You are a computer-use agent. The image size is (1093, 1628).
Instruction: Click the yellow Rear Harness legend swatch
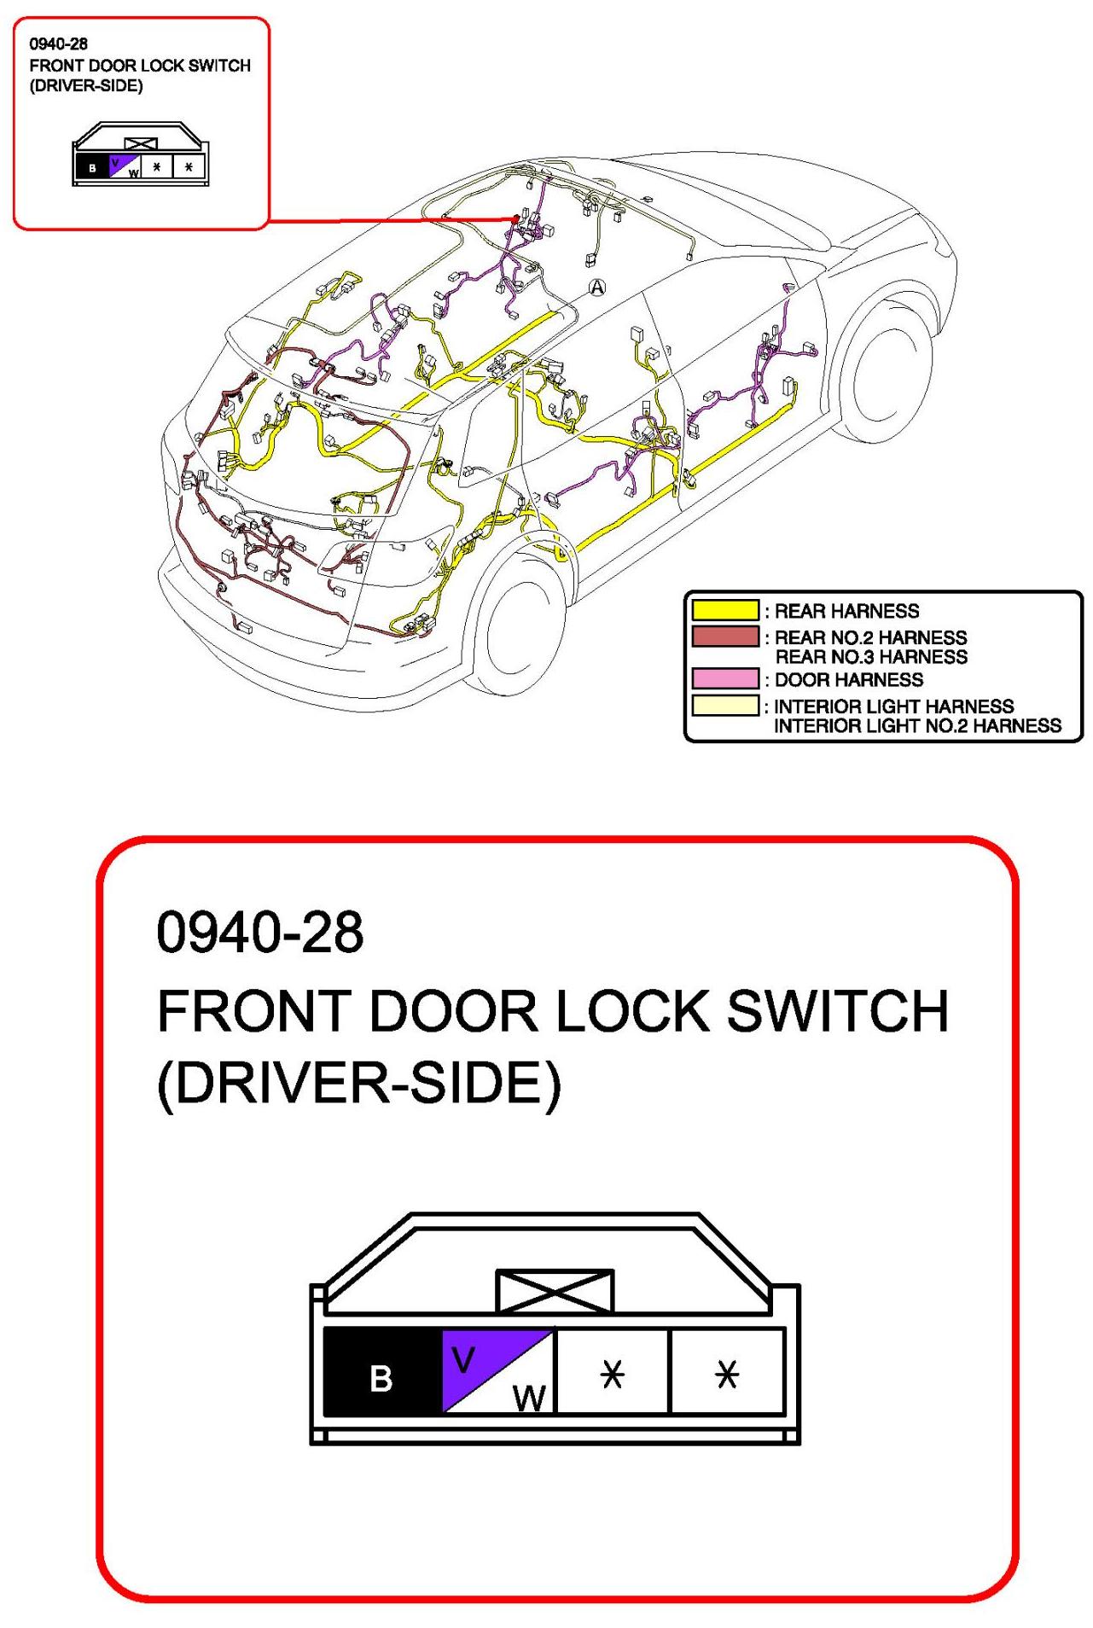[x=724, y=610]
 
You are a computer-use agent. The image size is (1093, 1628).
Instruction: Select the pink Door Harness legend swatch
[x=724, y=678]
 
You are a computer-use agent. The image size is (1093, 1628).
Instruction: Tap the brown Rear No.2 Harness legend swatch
[x=724, y=637]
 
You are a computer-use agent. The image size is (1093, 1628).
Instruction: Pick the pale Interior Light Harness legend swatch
[x=724, y=706]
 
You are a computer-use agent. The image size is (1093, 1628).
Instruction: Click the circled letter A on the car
[x=597, y=288]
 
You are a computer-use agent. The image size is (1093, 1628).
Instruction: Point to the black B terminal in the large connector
[x=381, y=1370]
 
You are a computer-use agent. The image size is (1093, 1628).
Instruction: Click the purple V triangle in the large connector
[x=469, y=1358]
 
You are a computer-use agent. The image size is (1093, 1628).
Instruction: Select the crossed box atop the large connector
[x=555, y=1290]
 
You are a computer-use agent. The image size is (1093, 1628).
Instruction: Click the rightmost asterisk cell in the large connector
[x=727, y=1370]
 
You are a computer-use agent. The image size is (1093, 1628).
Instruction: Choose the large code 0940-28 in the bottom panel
[x=260, y=932]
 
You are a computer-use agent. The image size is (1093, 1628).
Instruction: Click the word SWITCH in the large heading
[x=837, y=1011]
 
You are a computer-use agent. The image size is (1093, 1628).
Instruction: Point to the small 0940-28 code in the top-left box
[x=59, y=44]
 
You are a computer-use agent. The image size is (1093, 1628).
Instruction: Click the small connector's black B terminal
[x=91, y=166]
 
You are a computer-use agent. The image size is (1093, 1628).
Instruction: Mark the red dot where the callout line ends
[x=515, y=219]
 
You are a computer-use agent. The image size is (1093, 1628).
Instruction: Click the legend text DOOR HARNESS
[x=848, y=679]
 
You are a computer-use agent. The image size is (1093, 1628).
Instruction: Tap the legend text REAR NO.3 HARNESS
[x=871, y=657]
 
